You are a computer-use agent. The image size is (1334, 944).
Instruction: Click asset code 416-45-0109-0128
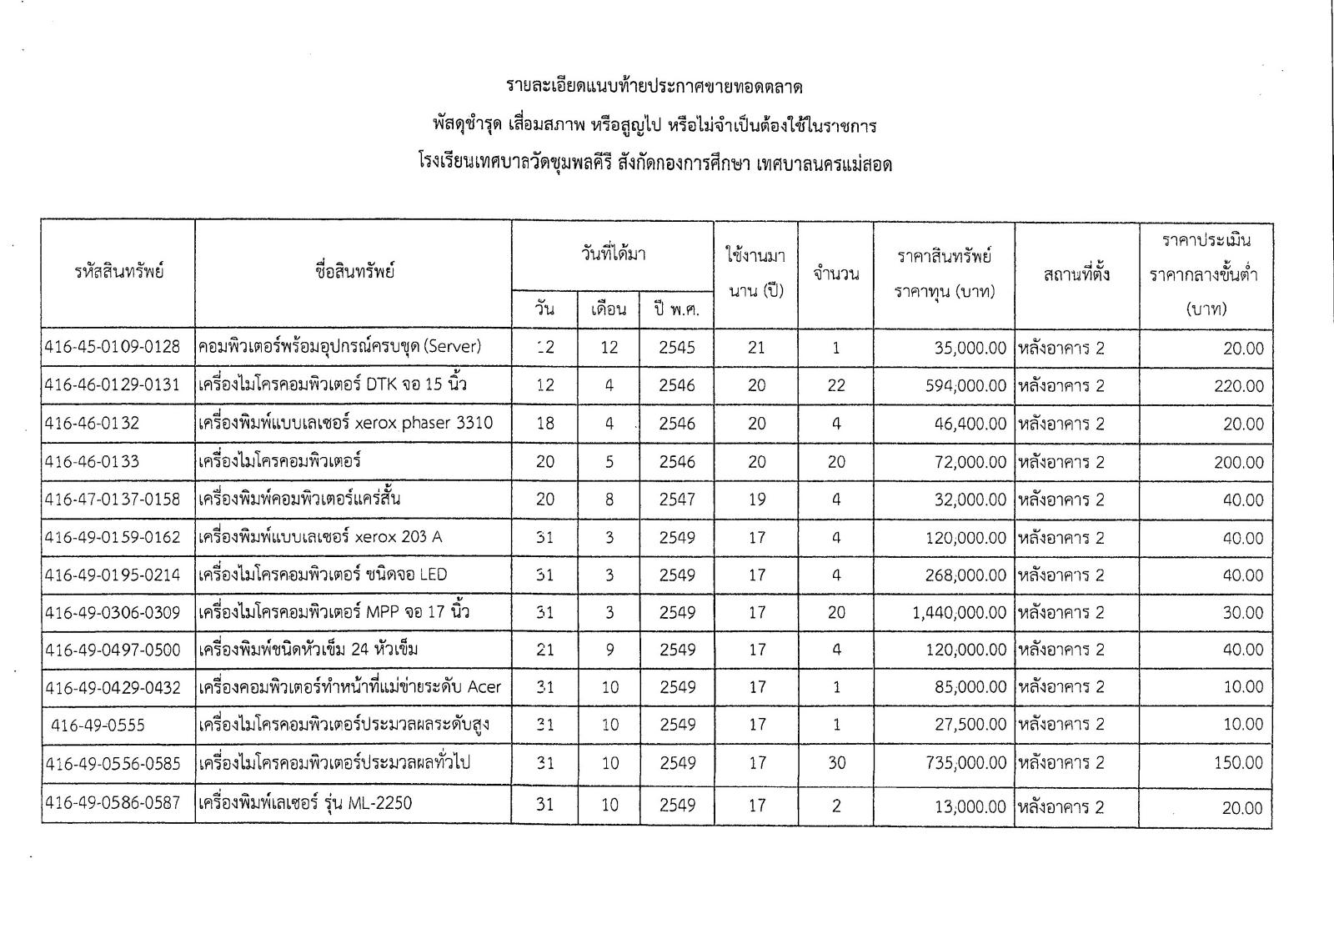pos(113,348)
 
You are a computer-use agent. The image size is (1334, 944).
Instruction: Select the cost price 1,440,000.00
pos(959,613)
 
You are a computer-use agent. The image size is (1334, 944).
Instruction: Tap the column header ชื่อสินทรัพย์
pos(354,272)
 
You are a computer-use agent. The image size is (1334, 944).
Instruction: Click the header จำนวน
pos(835,274)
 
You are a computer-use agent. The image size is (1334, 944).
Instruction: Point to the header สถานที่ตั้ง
pos(1076,274)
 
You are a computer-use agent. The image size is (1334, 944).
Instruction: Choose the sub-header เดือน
pos(609,309)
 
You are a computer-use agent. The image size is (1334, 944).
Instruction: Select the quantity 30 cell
pos(835,763)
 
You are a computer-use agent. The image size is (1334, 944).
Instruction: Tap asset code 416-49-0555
pos(98,726)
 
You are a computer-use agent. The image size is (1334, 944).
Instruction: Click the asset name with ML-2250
pos(305,804)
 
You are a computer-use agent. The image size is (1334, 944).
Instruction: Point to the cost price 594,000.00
pos(965,386)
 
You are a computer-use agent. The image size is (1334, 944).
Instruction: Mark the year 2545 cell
pos(676,348)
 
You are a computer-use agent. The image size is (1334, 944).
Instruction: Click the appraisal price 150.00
pos(1238,763)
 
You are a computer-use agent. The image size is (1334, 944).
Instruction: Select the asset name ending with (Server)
pos(339,347)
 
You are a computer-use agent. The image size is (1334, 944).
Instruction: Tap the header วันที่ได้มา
pos(613,254)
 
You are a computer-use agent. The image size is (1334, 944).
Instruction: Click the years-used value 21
pos(756,348)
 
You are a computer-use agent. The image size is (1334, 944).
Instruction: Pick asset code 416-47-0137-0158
pos(113,500)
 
